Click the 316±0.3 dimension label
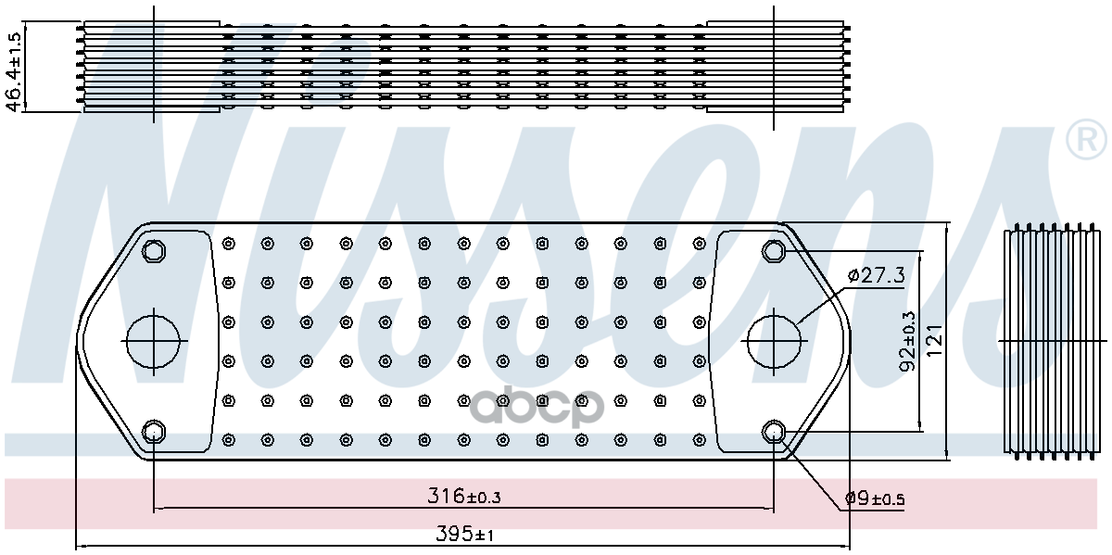tap(464, 497)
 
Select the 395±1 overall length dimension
tap(464, 535)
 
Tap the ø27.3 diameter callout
tap(876, 275)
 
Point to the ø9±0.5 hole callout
tap(874, 499)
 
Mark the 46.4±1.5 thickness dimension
tap(14, 70)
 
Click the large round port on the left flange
tap(153, 341)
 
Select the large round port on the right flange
tap(774, 341)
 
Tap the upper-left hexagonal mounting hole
tap(153, 250)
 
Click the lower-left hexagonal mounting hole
tap(153, 431)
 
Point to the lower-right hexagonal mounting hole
tap(774, 431)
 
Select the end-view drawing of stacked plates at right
tap(1049, 340)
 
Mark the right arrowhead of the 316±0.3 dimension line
tap(768, 508)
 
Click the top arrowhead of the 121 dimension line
tap(947, 227)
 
